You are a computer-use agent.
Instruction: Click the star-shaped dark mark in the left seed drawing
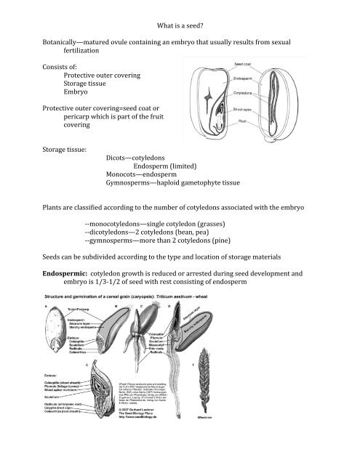[x=209, y=96]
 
